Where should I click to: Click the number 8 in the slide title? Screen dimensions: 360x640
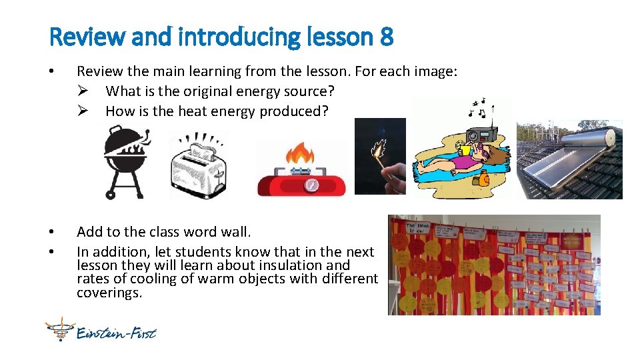pos(386,37)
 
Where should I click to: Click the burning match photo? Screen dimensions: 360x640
pos(379,156)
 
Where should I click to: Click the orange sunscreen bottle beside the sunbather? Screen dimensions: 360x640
pos(483,178)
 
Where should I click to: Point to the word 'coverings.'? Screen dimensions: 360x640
pos(109,292)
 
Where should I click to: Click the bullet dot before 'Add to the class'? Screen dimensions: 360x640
pos(53,232)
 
